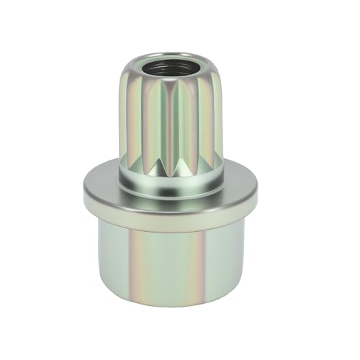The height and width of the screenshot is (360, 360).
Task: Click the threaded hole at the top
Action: click(x=171, y=68)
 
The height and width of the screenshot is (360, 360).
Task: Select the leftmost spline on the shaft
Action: click(x=126, y=115)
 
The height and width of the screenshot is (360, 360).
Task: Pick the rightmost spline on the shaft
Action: click(x=217, y=115)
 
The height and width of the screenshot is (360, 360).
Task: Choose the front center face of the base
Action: click(x=171, y=266)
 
